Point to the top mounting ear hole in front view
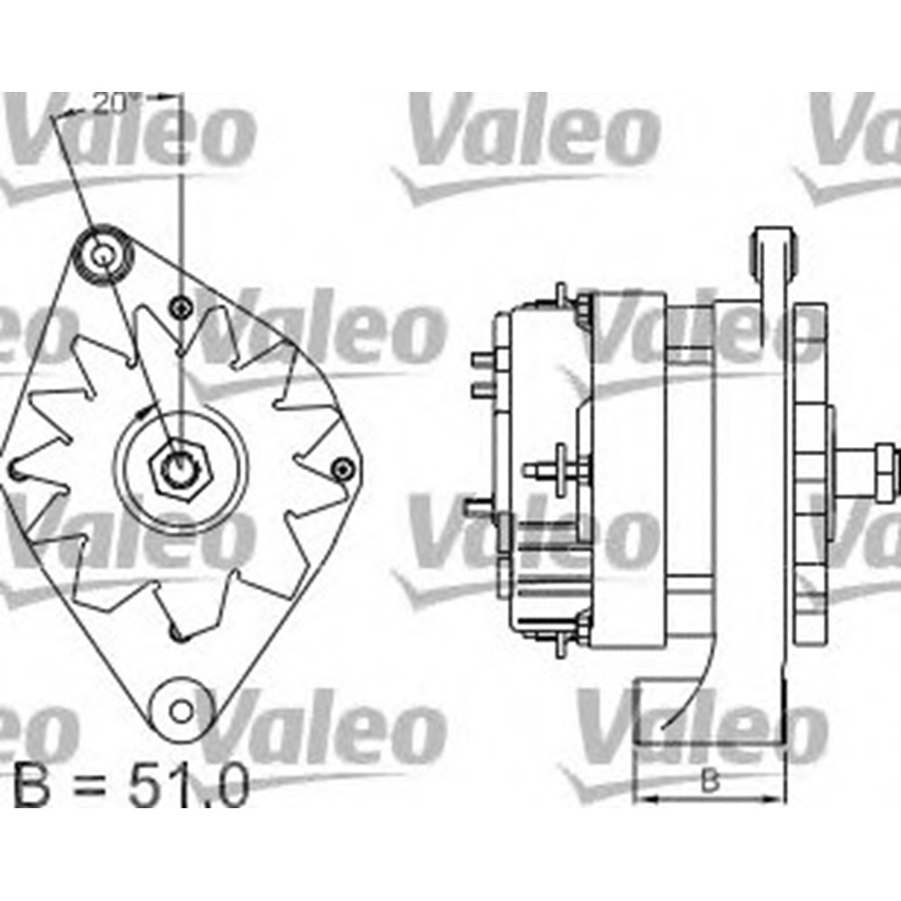coord(103,251)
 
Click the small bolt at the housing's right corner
coord(341,469)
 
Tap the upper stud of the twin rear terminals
coord(482,359)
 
